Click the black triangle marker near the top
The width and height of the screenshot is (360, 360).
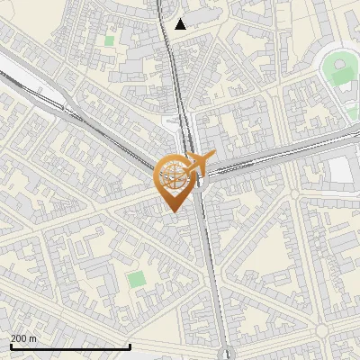click(181, 24)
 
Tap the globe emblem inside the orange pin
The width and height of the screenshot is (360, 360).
click(175, 175)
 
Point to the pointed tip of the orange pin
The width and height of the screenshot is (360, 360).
click(175, 211)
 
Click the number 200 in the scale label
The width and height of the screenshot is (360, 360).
click(19, 338)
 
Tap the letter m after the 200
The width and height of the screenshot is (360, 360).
click(33, 338)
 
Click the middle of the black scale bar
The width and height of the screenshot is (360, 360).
click(70, 346)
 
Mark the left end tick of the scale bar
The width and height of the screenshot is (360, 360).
click(11, 346)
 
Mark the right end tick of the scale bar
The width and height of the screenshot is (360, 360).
click(130, 346)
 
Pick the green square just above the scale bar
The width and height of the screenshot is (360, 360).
click(136, 279)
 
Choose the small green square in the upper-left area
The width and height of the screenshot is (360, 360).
click(109, 40)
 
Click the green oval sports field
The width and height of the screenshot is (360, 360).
click(340, 70)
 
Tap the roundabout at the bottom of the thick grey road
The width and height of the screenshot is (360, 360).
click(229, 354)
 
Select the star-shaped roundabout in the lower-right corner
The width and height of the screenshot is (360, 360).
click(321, 331)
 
